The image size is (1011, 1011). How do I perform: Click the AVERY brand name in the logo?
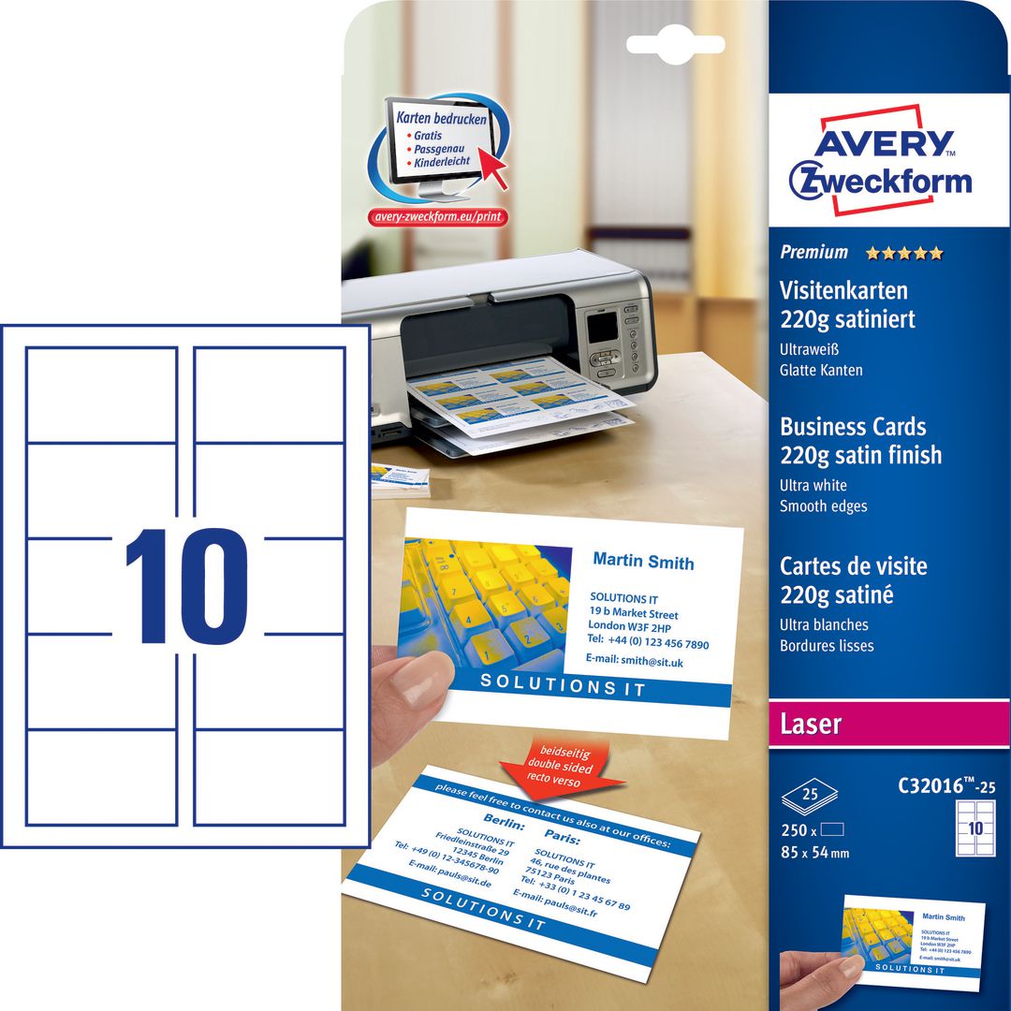tap(881, 143)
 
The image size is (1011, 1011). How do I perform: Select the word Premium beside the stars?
tap(813, 252)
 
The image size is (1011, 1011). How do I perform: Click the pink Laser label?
tap(811, 724)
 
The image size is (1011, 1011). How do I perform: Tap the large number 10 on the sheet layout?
tap(186, 587)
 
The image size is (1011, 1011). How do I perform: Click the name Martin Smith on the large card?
tap(643, 562)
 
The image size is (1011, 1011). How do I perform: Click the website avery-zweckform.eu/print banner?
tap(438, 216)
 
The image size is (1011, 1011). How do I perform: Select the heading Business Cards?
tap(853, 427)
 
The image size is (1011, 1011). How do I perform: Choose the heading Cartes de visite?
tap(853, 566)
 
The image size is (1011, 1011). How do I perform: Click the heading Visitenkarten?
tap(843, 291)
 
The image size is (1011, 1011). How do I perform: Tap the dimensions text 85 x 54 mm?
tap(814, 853)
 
